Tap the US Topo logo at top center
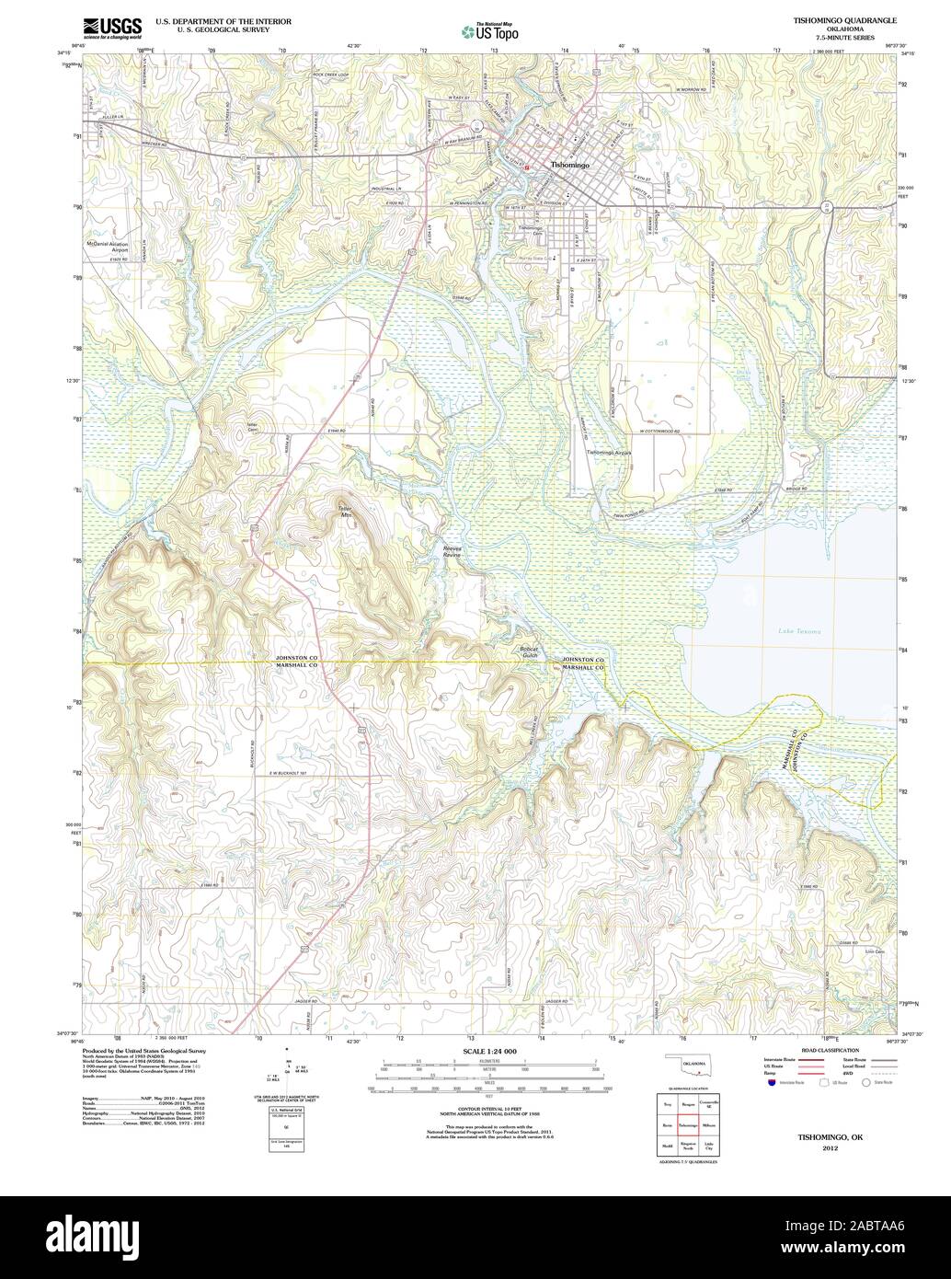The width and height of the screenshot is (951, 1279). point(489,31)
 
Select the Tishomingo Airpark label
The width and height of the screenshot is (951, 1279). point(609,453)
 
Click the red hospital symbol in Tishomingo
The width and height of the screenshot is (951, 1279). point(527,167)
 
